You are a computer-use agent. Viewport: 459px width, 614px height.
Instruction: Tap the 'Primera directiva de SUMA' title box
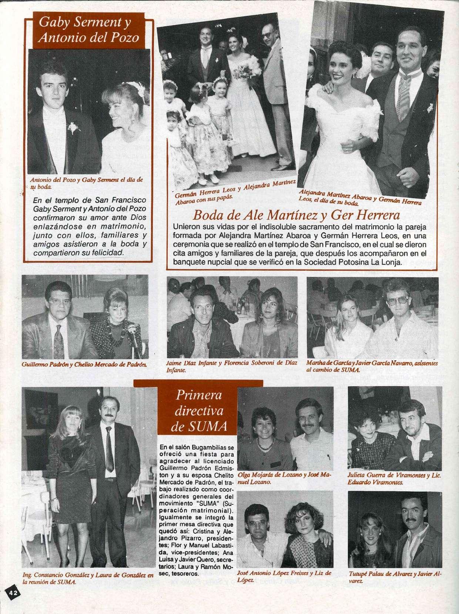[x=199, y=411]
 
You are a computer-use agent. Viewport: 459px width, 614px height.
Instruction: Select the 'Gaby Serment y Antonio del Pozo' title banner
[x=89, y=31]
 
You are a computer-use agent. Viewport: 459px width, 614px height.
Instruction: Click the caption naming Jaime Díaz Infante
[x=231, y=366]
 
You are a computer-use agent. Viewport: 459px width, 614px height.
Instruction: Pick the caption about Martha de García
[x=372, y=366]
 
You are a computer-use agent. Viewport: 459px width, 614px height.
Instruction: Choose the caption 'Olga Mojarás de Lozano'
[x=284, y=478]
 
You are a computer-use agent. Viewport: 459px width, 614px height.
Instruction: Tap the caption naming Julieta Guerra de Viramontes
[x=394, y=479]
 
